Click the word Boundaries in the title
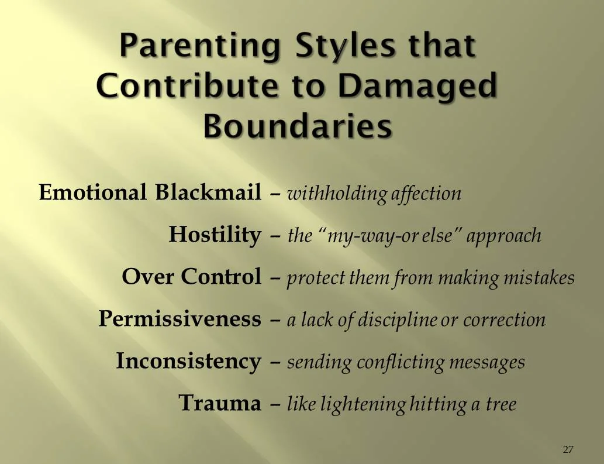[298, 126]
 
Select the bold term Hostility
[215, 235]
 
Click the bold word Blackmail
[208, 193]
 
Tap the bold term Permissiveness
[180, 319]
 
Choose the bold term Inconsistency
[188, 361]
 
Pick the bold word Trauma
[219, 403]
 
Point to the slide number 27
[568, 449]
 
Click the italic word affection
[427, 194]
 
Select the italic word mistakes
[541, 278]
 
